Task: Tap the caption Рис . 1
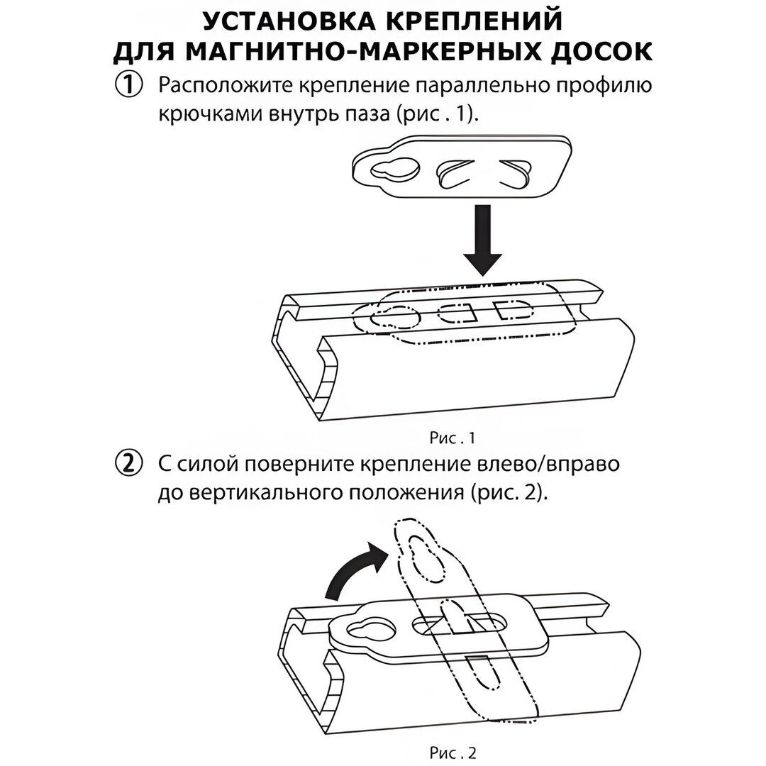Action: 451,438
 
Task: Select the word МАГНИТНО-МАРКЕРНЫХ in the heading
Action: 368,52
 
